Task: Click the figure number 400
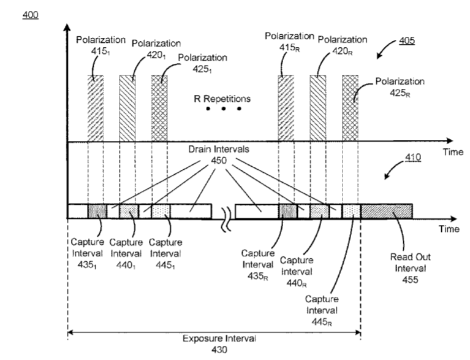29,13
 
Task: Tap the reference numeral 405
405,41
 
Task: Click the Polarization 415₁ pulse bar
96,108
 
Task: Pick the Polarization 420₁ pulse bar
127,108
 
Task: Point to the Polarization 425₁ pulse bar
159,108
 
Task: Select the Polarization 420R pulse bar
318,108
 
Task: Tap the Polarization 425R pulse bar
350,108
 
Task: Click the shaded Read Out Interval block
386,211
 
